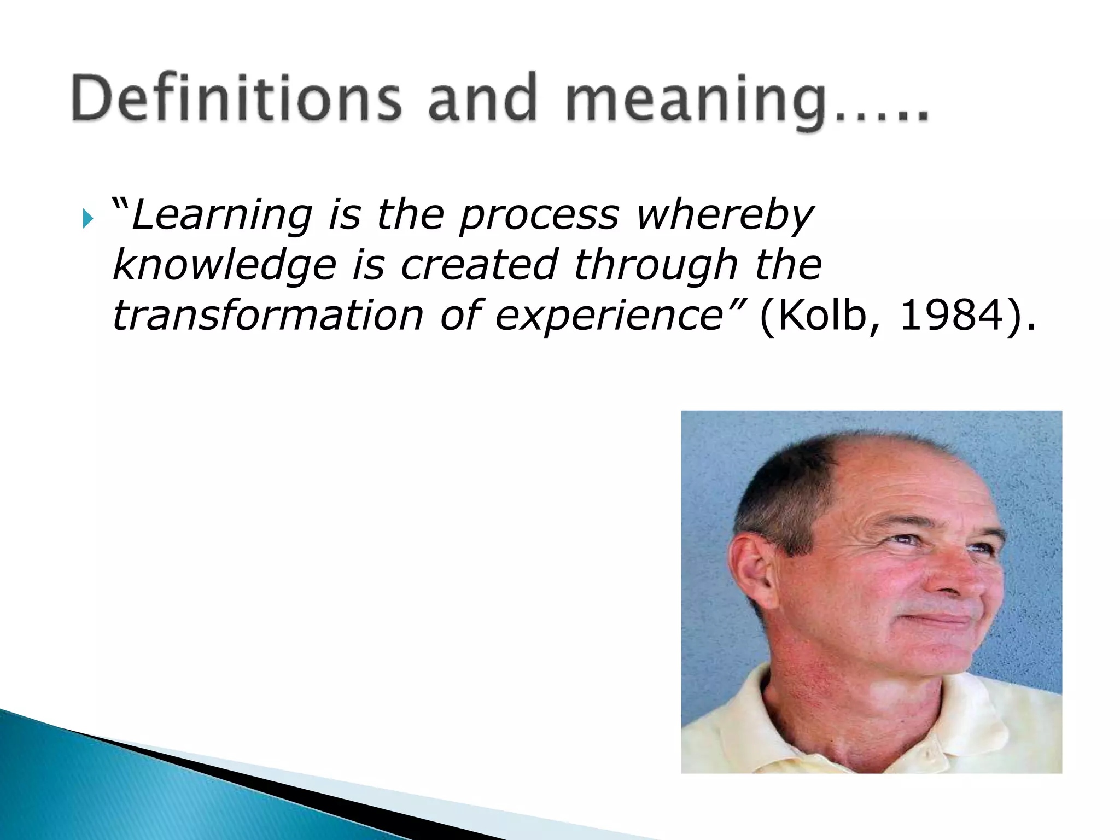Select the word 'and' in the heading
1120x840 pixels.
482,98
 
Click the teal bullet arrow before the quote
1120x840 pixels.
87,219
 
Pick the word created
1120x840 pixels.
479,265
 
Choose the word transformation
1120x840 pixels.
268,316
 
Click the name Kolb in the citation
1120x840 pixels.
820,316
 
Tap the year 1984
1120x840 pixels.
952,316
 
